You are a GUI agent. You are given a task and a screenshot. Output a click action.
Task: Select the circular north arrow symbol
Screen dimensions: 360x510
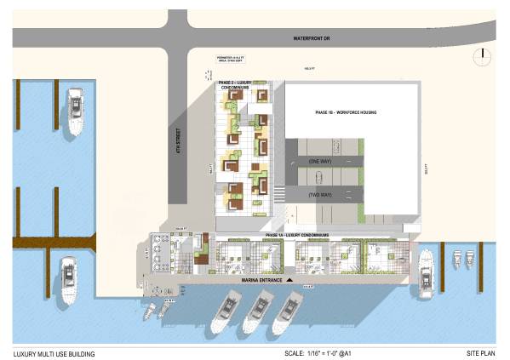(x=483, y=54)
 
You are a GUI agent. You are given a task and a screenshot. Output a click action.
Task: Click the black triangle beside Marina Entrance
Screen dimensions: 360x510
(x=289, y=279)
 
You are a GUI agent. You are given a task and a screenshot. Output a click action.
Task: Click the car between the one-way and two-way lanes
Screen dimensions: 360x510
(x=317, y=177)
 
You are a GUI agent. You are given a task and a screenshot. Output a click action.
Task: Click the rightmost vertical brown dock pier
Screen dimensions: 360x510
(x=442, y=260)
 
